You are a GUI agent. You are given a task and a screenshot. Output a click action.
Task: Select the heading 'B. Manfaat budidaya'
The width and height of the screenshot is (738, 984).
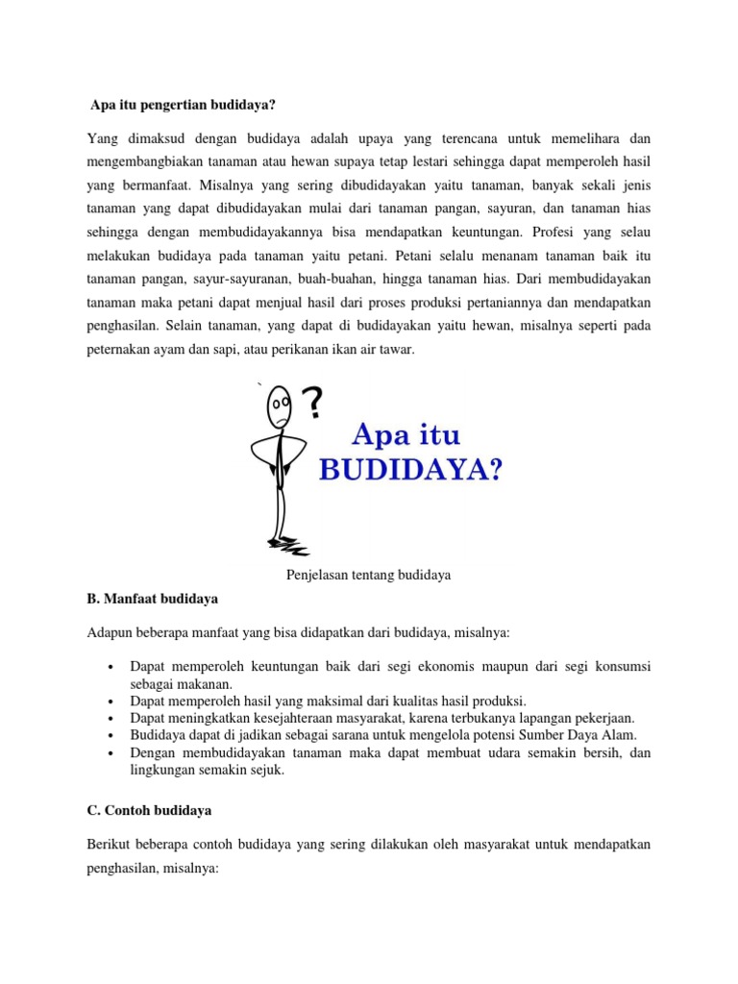pyautogui.click(x=153, y=599)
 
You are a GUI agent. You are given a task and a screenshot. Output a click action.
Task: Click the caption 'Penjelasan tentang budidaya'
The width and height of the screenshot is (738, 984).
pyautogui.click(x=368, y=575)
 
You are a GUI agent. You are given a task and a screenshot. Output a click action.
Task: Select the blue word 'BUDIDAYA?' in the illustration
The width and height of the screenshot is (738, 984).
pyautogui.click(x=408, y=472)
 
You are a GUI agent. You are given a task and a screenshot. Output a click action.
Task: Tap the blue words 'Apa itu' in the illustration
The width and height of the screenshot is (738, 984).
pyautogui.click(x=407, y=436)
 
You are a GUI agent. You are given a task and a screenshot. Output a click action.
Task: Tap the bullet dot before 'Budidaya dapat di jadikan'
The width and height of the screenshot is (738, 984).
pyautogui.click(x=113, y=735)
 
